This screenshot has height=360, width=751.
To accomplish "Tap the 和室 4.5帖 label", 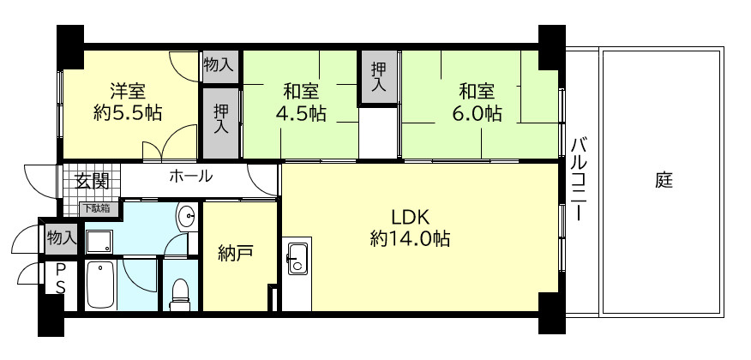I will (299, 101).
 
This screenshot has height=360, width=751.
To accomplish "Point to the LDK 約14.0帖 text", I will (410, 227).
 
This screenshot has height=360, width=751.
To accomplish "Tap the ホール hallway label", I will (190, 177).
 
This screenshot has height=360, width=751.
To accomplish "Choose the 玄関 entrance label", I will (90, 181).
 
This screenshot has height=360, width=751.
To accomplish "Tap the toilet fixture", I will (180, 292).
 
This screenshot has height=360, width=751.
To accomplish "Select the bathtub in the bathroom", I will (100, 285).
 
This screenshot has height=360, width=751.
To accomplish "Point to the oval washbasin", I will (186, 217).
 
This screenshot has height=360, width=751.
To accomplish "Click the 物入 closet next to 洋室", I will (219, 63).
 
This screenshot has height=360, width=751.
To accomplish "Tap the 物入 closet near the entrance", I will (61, 237).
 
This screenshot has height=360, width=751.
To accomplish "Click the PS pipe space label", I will (61, 279).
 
